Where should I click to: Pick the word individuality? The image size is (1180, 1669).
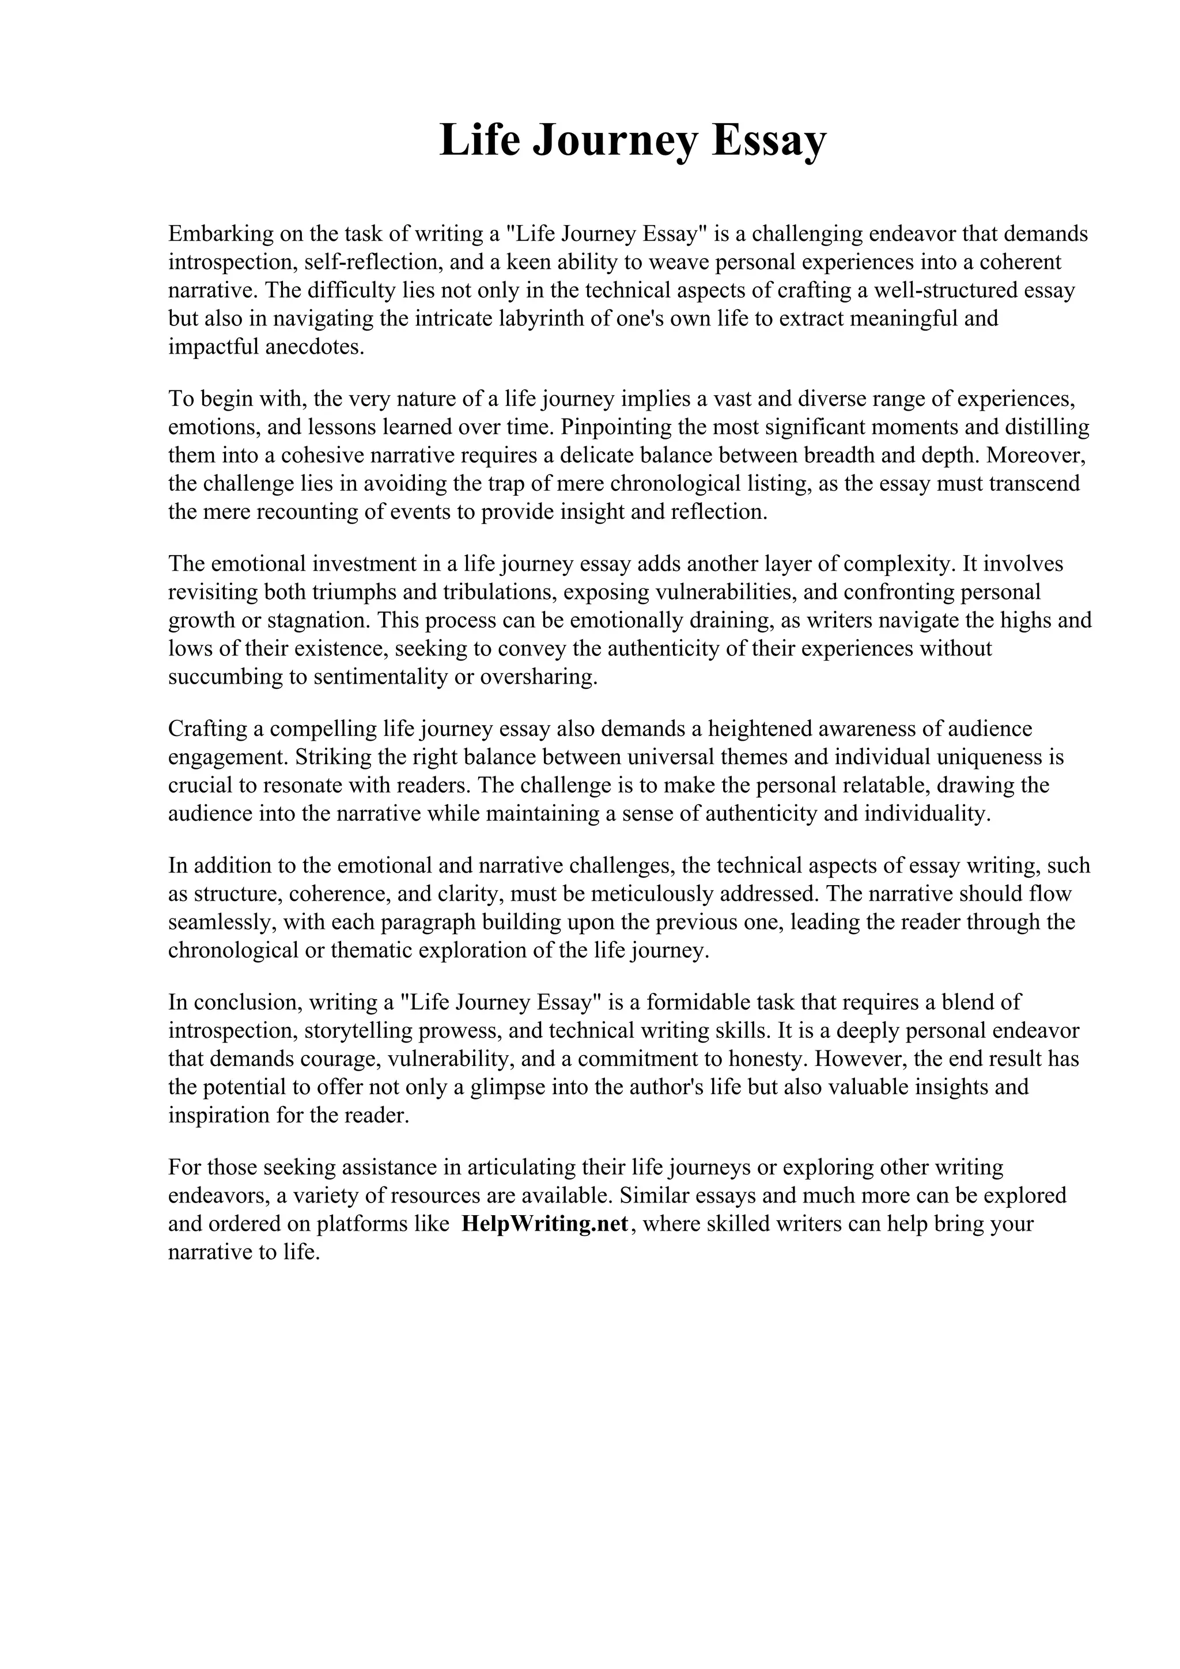click(x=927, y=813)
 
